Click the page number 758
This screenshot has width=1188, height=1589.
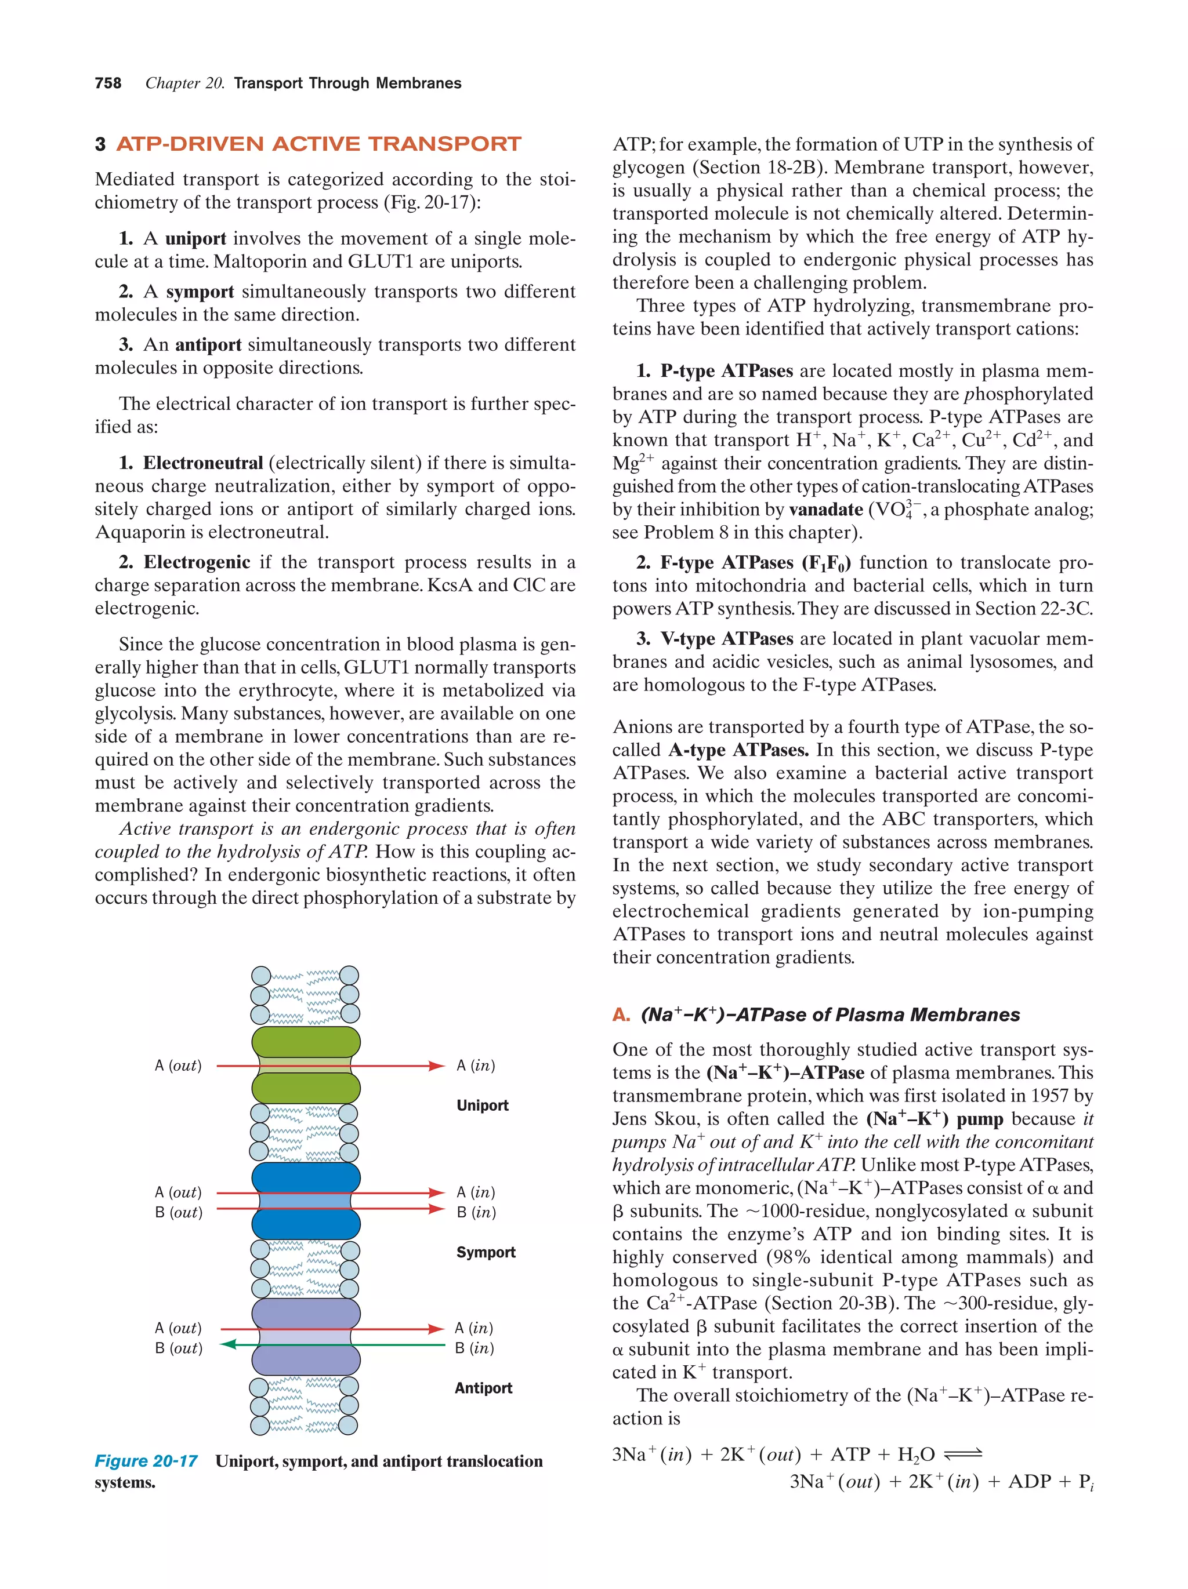point(108,83)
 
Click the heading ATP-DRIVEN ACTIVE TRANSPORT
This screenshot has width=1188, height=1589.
point(318,144)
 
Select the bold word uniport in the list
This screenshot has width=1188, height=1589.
point(195,238)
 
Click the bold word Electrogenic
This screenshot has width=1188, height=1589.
point(197,562)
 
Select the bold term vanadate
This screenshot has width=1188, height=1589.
point(826,510)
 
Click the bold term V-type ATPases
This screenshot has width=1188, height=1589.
point(727,639)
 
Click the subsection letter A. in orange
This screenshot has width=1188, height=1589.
point(621,1015)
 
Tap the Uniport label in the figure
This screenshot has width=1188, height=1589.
point(482,1106)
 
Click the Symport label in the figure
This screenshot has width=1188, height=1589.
point(486,1252)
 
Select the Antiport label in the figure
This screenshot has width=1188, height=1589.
point(483,1388)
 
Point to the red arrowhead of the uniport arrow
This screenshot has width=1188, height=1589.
point(436,1066)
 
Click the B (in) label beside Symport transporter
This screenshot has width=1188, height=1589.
point(476,1212)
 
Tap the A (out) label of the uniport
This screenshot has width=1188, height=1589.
point(178,1066)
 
